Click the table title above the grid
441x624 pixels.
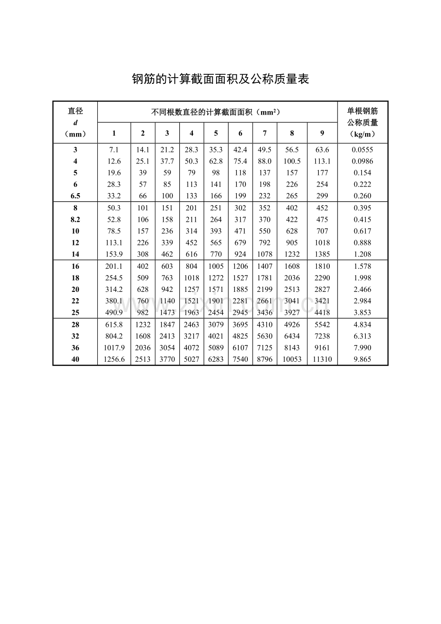pyautogui.click(x=220, y=79)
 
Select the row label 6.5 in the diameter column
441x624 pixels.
pyautogui.click(x=75, y=196)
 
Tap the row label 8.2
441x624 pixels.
pyautogui.click(x=75, y=220)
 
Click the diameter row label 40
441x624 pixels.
pyautogui.click(x=75, y=359)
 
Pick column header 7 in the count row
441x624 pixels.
pyautogui.click(x=265, y=133)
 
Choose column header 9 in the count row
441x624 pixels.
pyautogui.click(x=322, y=133)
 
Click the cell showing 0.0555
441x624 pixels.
pyautogui.click(x=362, y=150)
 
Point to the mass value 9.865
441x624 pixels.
pyautogui.click(x=362, y=359)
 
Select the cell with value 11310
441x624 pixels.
pyautogui.click(x=322, y=359)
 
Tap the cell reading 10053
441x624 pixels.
pyautogui.click(x=292, y=359)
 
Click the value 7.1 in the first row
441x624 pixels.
pyautogui.click(x=114, y=150)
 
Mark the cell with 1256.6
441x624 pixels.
pyautogui.click(x=114, y=359)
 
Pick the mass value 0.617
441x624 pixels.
pyautogui.click(x=362, y=231)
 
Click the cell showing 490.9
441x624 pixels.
pyautogui.click(x=114, y=312)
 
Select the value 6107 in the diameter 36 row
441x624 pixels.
pyautogui.click(x=240, y=348)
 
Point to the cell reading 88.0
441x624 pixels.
pyautogui.click(x=265, y=161)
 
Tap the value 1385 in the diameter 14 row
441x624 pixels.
pyautogui.click(x=322, y=254)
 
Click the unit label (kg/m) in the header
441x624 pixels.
pyautogui.click(x=362, y=134)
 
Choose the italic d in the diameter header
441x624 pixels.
pyautogui.click(x=75, y=123)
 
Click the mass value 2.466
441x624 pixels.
pyautogui.click(x=362, y=289)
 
